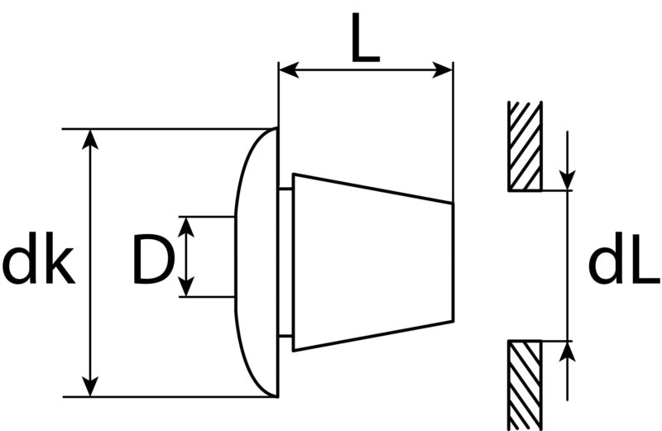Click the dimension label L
pos(366,37)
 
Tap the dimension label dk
pos(39,257)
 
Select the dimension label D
pos(153,258)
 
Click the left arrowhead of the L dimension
pos(289,69)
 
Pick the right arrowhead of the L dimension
pos(443,69)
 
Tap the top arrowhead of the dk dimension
pos(90,139)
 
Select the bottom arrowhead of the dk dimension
pos(90,386)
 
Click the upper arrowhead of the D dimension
pos(186,227)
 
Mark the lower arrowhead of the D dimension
pos(186,286)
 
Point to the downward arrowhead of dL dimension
pos(567,180)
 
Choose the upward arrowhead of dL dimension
pos(567,352)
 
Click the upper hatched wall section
pos(525,146)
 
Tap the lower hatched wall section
pos(525,385)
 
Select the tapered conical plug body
pos(373,261)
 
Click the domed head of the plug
pos(257,262)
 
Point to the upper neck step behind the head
pos(285,189)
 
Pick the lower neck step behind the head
pos(285,337)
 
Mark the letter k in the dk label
pos(60,257)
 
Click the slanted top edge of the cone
pos(373,189)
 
